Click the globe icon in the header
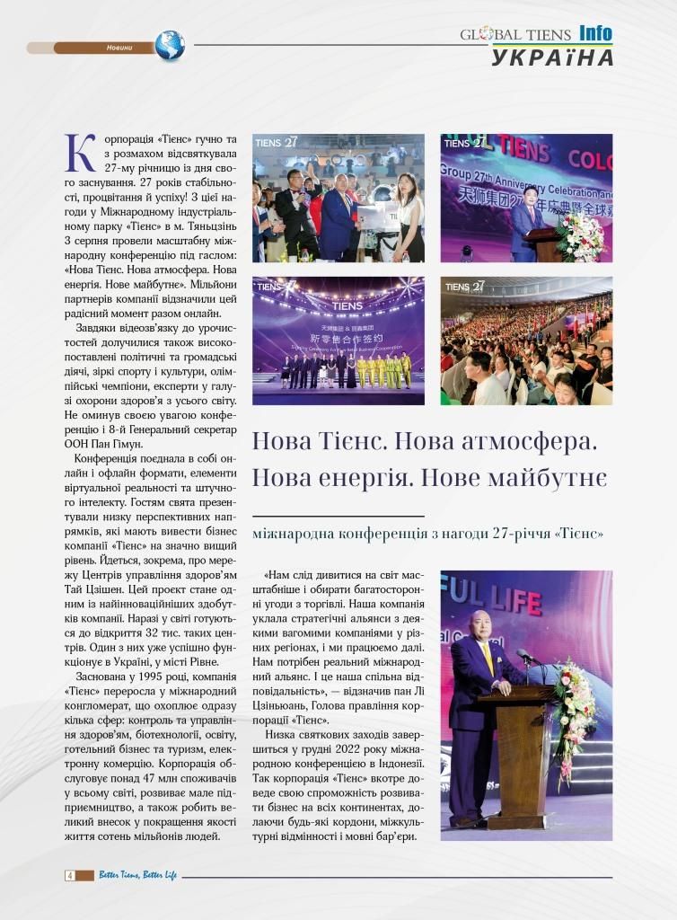169,46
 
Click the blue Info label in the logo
595,33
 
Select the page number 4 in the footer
68,875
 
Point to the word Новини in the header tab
119,47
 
